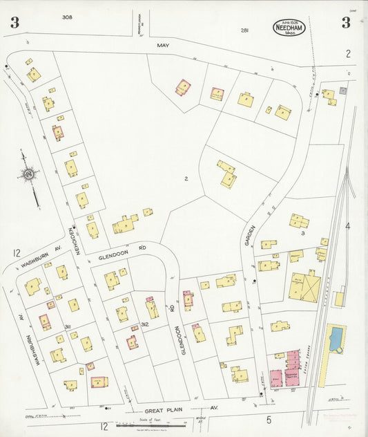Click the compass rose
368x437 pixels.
(29, 176)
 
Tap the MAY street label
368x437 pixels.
(163, 46)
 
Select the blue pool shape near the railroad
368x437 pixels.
(336, 340)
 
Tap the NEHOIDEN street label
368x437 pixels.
(70, 241)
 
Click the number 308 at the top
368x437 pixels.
(66, 17)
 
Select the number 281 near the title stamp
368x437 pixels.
(244, 30)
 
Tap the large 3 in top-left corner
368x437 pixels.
(14, 23)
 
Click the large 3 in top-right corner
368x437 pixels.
(345, 23)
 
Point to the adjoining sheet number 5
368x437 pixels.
(269, 420)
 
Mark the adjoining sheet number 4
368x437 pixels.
(348, 226)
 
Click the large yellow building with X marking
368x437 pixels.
(304, 286)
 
